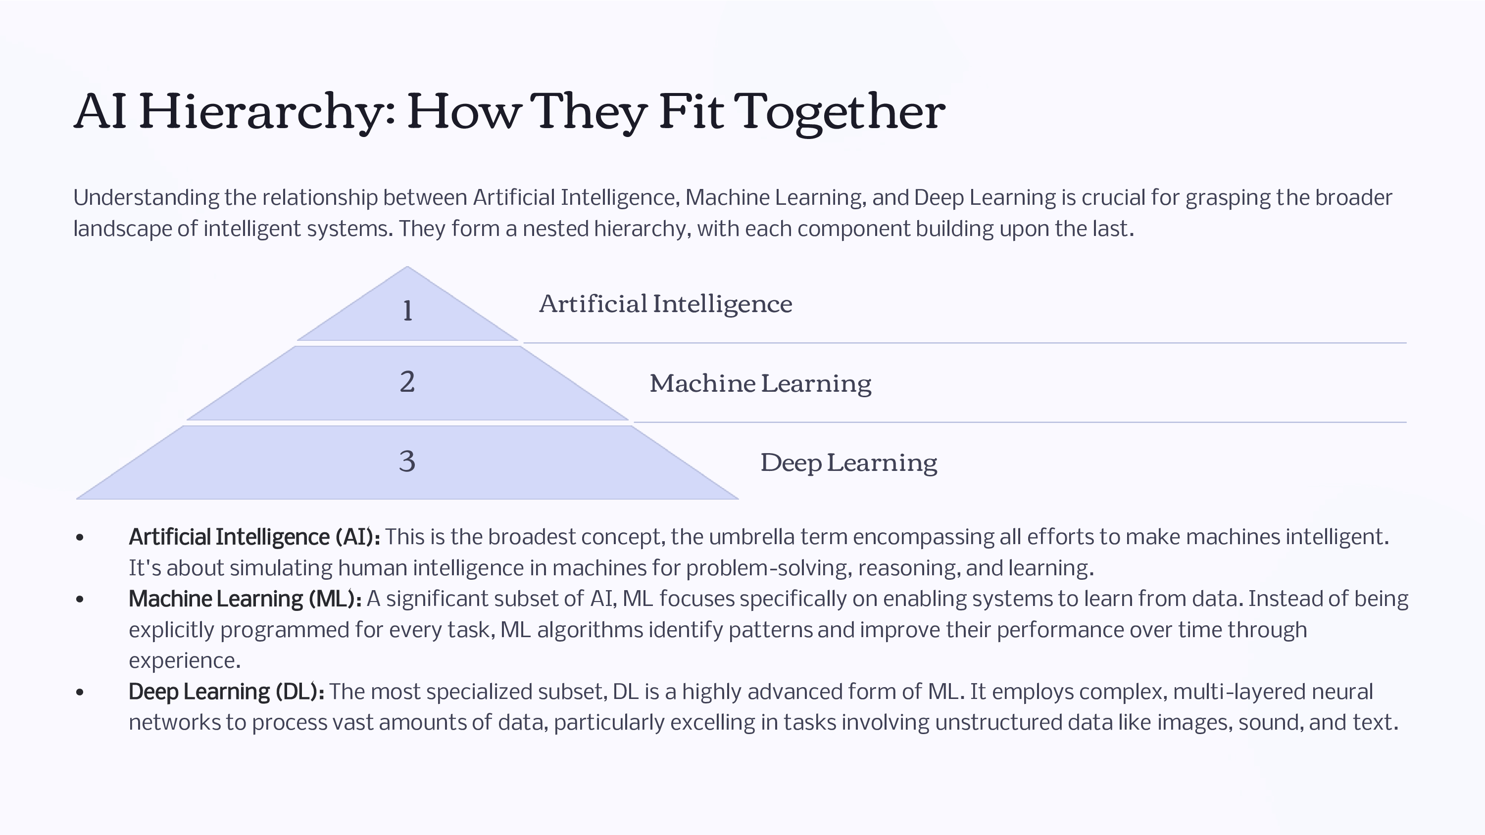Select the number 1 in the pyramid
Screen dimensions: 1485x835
click(407, 311)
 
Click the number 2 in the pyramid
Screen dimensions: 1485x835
click(407, 382)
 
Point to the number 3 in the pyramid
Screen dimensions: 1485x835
click(407, 462)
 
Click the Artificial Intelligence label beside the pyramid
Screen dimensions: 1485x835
click(666, 304)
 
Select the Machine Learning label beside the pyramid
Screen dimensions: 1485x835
click(760, 384)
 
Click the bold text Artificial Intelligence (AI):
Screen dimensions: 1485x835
click(254, 537)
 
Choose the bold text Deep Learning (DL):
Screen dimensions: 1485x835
click(227, 692)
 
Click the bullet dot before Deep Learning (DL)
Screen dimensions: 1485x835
click(80, 692)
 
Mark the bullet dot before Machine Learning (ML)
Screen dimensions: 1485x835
click(80, 600)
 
